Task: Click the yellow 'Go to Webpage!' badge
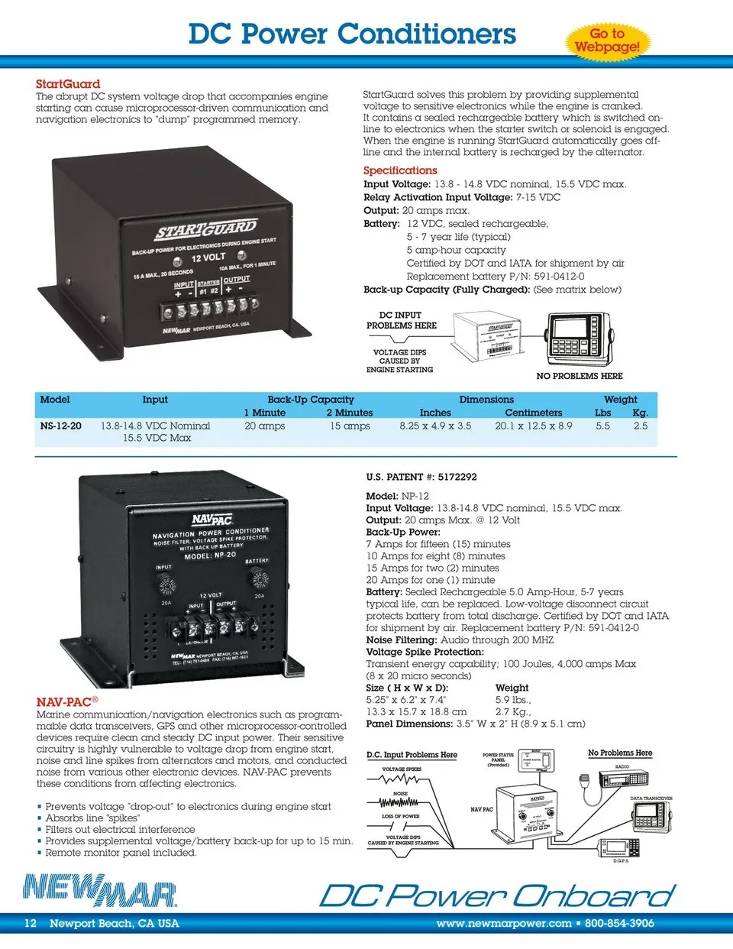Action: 607,40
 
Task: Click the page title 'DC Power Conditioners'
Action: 352,34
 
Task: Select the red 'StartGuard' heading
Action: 68,84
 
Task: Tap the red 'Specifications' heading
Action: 400,170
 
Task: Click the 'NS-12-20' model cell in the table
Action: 60,426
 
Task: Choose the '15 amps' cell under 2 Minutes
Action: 350,426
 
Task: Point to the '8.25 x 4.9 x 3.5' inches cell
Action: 435,426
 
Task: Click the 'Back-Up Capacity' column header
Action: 311,400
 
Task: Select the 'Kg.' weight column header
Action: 640,413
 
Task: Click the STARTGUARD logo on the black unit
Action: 206,228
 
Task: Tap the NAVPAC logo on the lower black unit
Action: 212,520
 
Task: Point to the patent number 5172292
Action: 457,477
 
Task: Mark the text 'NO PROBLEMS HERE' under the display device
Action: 580,376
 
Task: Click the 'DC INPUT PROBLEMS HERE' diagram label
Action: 401,320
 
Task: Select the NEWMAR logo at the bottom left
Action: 99,891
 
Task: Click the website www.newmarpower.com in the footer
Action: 504,923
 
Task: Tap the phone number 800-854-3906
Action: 619,923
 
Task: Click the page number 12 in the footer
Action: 31,923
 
